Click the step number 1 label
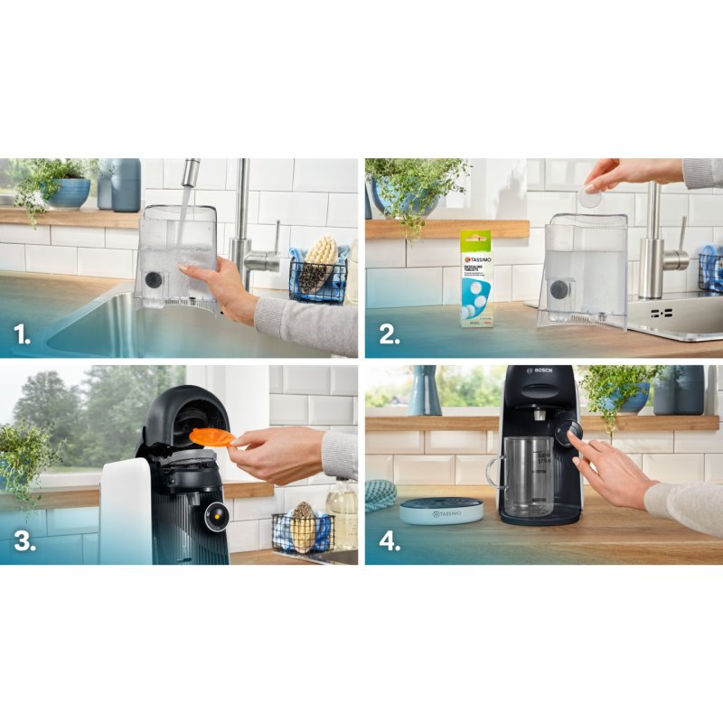tap(22, 335)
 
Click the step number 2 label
tap(389, 335)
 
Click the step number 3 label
tap(23, 541)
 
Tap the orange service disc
tap(211, 437)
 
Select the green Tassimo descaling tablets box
tap(475, 277)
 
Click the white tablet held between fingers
tap(589, 197)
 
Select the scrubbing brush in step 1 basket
tap(319, 262)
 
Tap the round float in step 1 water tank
tap(153, 279)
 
